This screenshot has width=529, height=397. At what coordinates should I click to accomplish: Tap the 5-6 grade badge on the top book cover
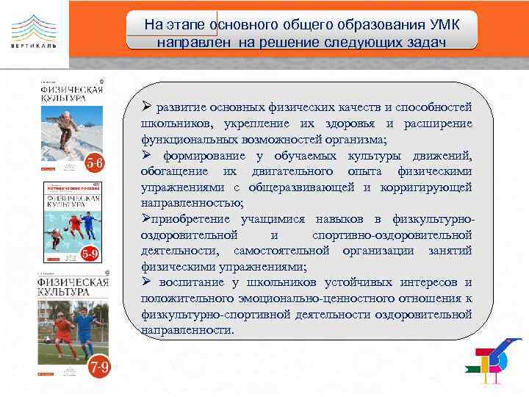(x=96, y=162)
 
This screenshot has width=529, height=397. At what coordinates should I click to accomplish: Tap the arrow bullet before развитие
(x=147, y=107)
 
